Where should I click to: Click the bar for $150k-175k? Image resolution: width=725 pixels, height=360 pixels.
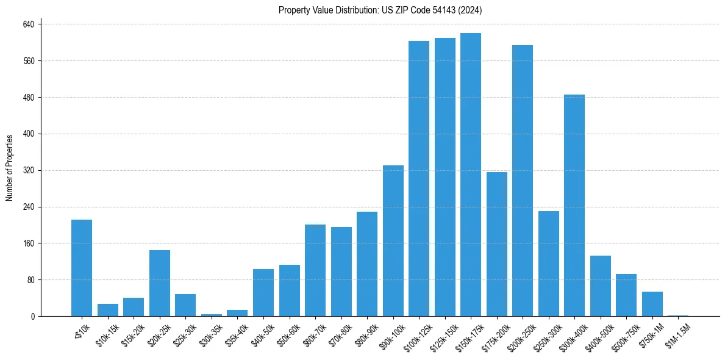471,175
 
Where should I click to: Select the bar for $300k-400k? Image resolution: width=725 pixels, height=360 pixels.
574,206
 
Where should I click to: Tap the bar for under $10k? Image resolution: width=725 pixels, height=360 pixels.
82,268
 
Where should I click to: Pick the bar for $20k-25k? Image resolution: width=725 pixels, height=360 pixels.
160,283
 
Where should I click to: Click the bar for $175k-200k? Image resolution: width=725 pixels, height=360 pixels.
496,244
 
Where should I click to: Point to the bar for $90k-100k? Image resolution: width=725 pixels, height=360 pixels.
393,241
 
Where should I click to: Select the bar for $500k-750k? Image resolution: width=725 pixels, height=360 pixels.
626,295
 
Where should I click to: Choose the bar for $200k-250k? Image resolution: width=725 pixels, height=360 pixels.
523,181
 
